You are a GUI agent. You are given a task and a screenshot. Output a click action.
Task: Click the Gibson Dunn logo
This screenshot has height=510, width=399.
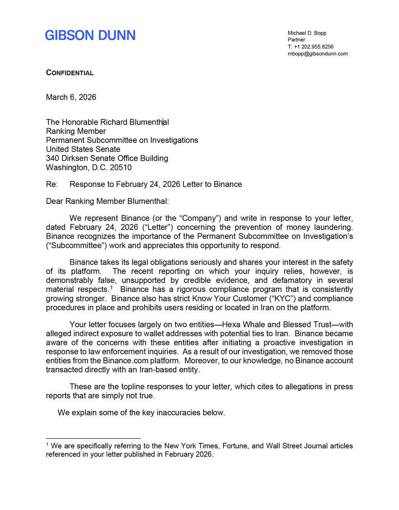tap(90, 35)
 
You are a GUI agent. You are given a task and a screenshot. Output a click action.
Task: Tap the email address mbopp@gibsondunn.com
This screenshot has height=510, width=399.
tap(318, 54)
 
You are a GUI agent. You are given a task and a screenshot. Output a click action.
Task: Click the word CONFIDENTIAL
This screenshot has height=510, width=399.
tap(70, 73)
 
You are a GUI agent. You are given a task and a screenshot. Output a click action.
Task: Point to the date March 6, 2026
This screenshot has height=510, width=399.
tap(71, 97)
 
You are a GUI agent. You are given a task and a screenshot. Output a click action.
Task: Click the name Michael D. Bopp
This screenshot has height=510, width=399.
tap(307, 33)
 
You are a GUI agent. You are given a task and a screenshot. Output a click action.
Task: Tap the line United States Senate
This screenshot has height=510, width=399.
tap(83, 149)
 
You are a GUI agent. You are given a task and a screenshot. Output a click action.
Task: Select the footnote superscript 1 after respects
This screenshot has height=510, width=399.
tap(111, 288)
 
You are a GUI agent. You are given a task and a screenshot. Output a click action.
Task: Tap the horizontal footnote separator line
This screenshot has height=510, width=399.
tap(93, 438)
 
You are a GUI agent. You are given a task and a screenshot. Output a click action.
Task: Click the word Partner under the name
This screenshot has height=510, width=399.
tap(297, 40)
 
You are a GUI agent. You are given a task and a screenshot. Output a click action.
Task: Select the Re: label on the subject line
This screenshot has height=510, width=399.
tap(51, 184)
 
